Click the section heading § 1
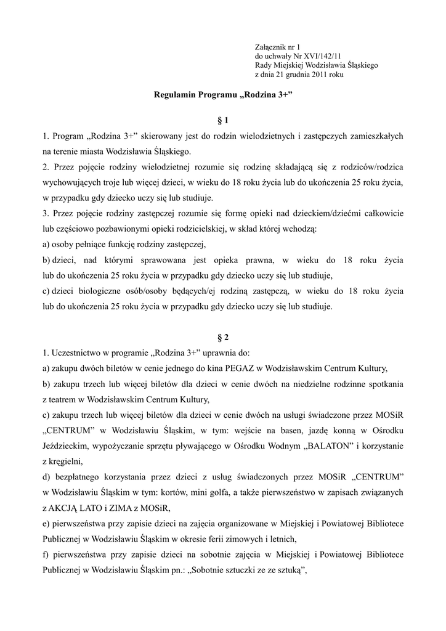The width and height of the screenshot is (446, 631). point(222,120)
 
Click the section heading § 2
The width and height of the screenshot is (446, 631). point(222,337)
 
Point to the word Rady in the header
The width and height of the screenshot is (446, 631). point(263,65)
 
